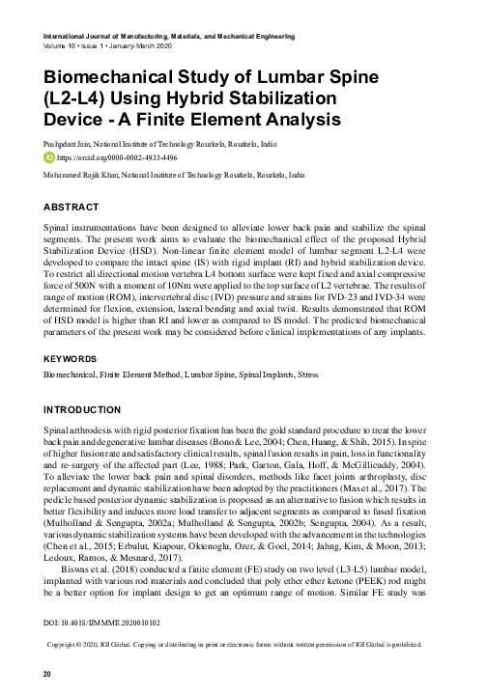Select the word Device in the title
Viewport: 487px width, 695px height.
click(x=80, y=120)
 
